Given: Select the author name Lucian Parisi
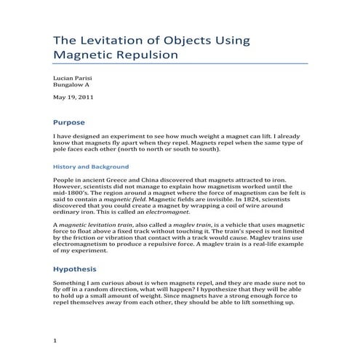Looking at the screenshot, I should coord(73,76).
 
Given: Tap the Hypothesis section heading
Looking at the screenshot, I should coord(76,268).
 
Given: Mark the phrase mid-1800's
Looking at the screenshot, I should coord(71,191).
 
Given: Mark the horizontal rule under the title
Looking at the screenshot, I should coord(180,64).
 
